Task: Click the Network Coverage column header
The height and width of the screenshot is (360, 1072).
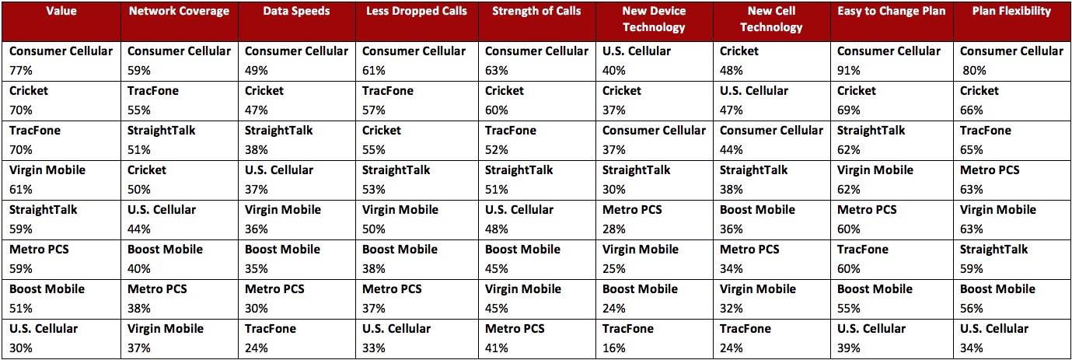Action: pyautogui.click(x=179, y=12)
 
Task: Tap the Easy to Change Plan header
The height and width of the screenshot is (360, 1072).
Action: pyautogui.click(x=891, y=12)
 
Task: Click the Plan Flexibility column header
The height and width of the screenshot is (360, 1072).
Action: pyautogui.click(x=1011, y=12)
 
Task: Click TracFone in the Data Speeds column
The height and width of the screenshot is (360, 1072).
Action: pyautogui.click(x=271, y=329)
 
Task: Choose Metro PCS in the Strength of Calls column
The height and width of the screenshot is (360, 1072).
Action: pyautogui.click(x=515, y=329)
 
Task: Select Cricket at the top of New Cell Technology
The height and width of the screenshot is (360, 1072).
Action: pyautogui.click(x=739, y=51)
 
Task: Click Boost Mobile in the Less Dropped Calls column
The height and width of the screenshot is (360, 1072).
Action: pyautogui.click(x=400, y=250)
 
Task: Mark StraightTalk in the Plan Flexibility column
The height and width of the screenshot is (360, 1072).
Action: pyautogui.click(x=993, y=250)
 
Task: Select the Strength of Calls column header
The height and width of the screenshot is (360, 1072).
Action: pyautogui.click(x=537, y=12)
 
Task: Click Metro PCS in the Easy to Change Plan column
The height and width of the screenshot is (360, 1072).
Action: pyautogui.click(x=867, y=210)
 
